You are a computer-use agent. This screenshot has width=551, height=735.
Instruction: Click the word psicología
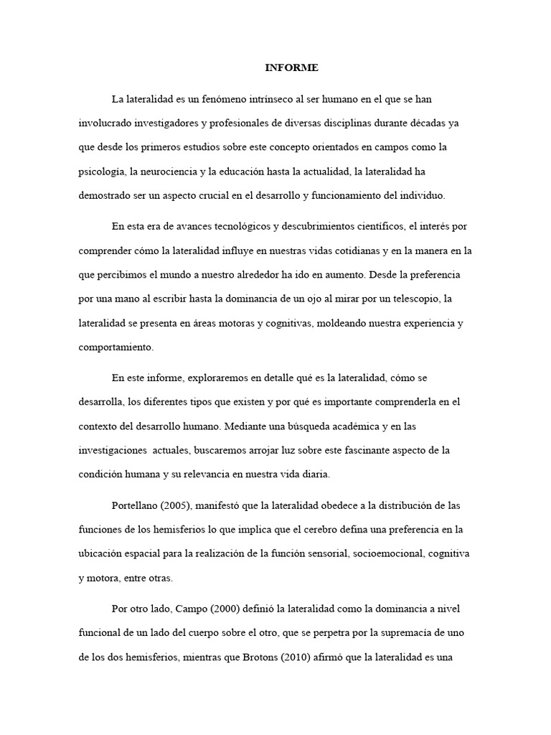[100, 172]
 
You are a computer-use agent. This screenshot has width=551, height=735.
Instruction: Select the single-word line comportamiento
[115, 347]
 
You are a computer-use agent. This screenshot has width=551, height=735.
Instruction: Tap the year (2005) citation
[179, 506]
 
